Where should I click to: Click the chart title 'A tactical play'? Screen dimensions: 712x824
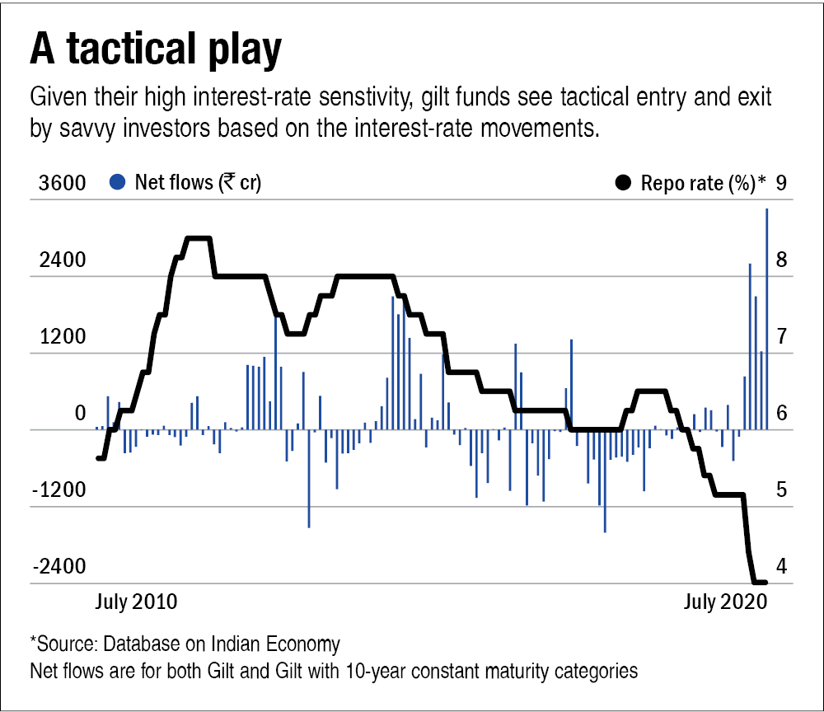click(x=156, y=51)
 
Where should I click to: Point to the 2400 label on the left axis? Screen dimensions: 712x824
click(x=62, y=260)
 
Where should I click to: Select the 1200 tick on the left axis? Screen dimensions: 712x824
click(x=62, y=338)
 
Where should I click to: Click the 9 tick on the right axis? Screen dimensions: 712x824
click(x=781, y=183)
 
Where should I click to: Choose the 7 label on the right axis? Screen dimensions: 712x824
click(x=781, y=337)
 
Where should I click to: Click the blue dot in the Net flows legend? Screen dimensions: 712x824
click(x=118, y=183)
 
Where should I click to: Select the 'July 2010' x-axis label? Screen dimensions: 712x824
click(x=136, y=602)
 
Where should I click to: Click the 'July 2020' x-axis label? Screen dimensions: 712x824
click(x=726, y=602)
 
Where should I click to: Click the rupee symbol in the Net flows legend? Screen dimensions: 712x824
click(x=226, y=183)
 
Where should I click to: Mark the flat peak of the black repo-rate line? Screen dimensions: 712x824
click(x=198, y=239)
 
